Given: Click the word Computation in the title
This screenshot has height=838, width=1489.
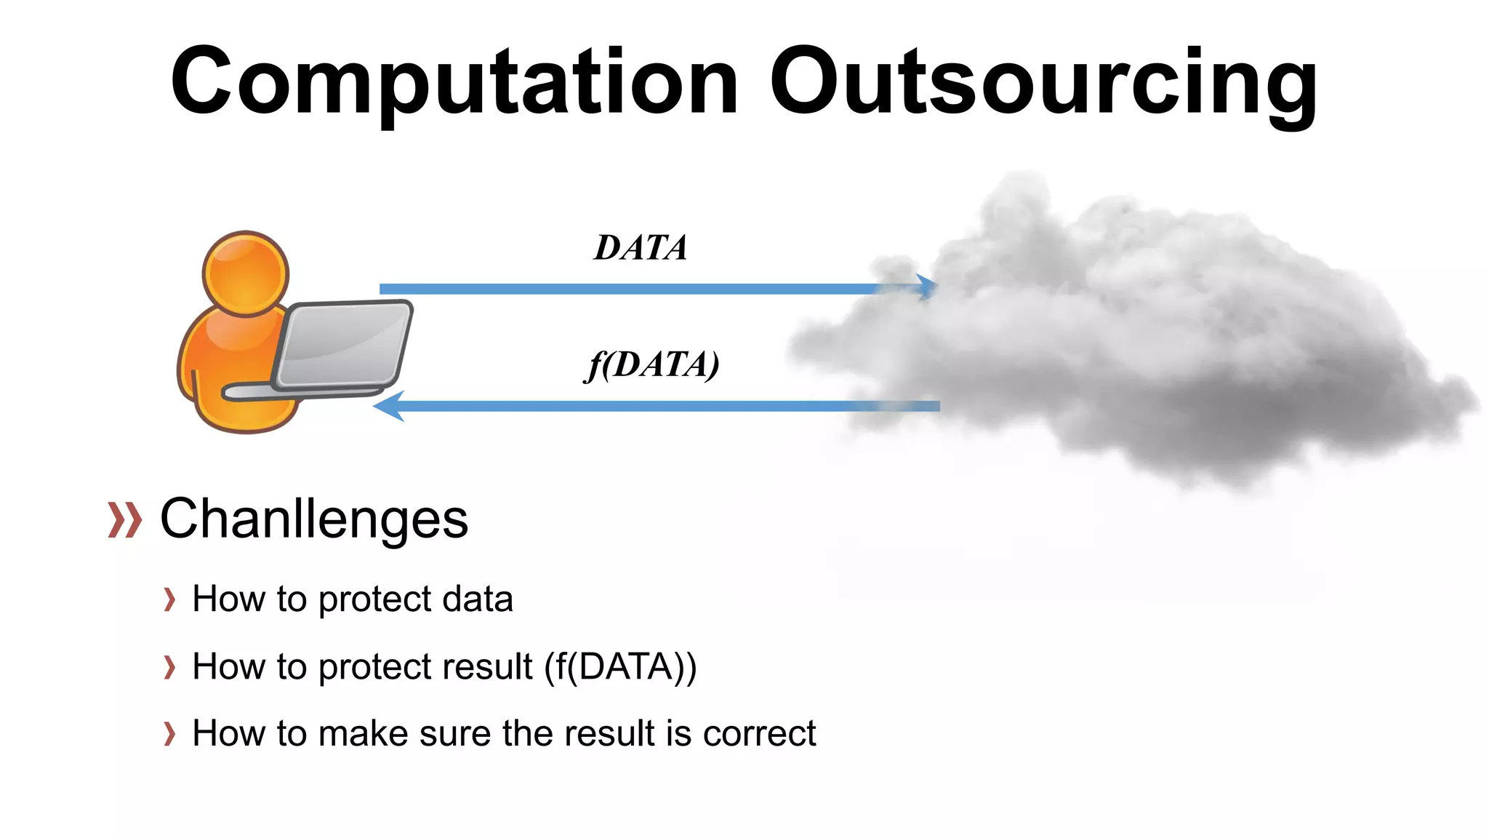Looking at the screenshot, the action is point(454,81).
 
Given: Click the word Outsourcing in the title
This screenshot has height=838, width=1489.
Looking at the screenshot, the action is point(1043,81).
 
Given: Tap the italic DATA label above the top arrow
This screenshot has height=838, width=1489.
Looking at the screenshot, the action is point(641,248).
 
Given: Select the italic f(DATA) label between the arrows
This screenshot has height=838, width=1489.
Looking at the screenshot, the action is point(652,364).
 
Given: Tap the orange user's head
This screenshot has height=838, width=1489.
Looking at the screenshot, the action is point(246,273).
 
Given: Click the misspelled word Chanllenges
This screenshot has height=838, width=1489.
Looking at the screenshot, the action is point(314,519).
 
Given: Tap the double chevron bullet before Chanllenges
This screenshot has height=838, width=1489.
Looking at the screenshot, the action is point(124,520).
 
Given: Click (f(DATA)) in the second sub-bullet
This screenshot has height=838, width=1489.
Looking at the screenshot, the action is point(621,666).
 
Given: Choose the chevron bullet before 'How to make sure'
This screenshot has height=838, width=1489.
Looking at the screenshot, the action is point(169,734).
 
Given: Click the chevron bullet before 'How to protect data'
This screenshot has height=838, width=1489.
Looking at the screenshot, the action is point(169,600).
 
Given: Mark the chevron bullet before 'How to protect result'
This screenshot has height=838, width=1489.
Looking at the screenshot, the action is point(169,667).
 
